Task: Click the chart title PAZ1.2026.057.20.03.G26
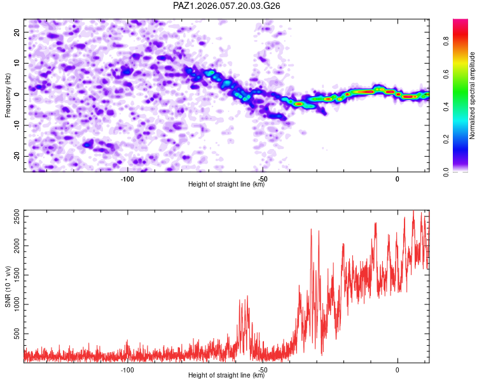[x=226, y=6]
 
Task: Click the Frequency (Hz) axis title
[x=8, y=94]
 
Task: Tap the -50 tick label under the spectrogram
[x=262, y=178]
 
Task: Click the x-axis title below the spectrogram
[x=226, y=185]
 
